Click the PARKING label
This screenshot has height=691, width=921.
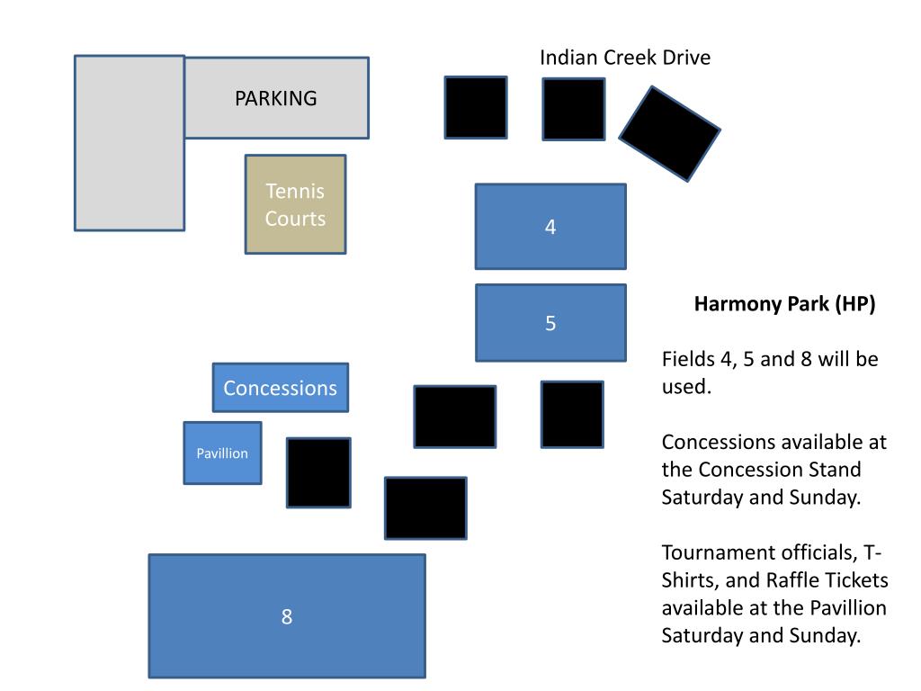pyautogui.click(x=276, y=98)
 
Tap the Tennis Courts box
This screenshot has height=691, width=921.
pyautogui.click(x=295, y=204)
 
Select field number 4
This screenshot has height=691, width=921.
pyautogui.click(x=550, y=227)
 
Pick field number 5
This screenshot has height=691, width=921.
pyautogui.click(x=550, y=323)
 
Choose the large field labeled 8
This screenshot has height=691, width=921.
pyautogui.click(x=287, y=616)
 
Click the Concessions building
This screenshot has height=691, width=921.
pyautogui.click(x=280, y=388)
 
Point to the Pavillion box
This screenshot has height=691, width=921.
pyautogui.click(x=222, y=453)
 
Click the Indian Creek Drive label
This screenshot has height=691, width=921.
pyautogui.click(x=624, y=58)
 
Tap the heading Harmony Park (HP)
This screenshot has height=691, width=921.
pyautogui.click(x=784, y=304)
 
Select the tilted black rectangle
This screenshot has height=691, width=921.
pyautogui.click(x=670, y=133)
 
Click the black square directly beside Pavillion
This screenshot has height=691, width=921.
pyautogui.click(x=318, y=472)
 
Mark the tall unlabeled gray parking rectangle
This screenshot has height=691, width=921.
pyautogui.click(x=130, y=143)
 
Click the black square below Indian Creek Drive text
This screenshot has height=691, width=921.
pyautogui.click(x=573, y=109)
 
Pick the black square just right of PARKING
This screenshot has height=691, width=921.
pyautogui.click(x=476, y=107)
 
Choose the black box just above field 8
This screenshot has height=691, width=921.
pyautogui.click(x=425, y=508)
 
